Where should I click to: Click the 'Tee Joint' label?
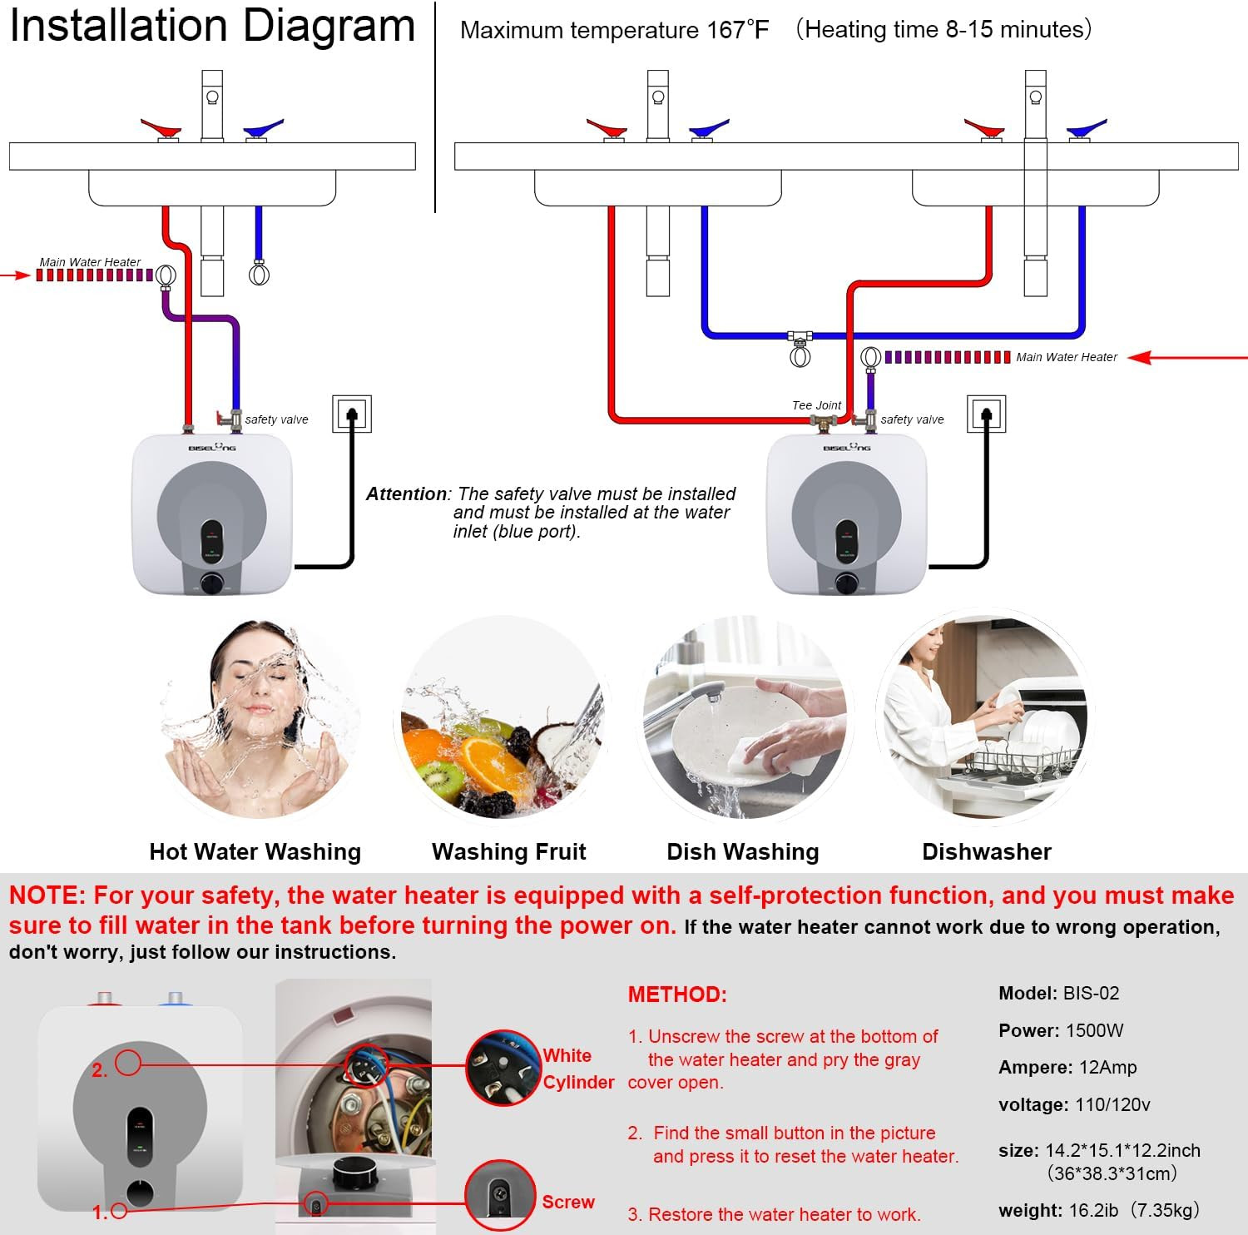pyautogui.click(x=815, y=405)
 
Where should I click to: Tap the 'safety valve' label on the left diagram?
pyautogui.click(x=276, y=419)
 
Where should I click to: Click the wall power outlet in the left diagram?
pyautogui.click(x=351, y=414)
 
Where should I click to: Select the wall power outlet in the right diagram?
pyautogui.click(x=986, y=414)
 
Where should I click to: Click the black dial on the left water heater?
pyautogui.click(x=211, y=583)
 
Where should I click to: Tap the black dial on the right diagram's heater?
pyautogui.click(x=847, y=583)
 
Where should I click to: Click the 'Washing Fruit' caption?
pyautogui.click(x=508, y=851)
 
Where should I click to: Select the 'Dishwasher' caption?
pyautogui.click(x=986, y=851)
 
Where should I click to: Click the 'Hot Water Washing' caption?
pyautogui.click(x=255, y=851)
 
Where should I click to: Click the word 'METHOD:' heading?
pyautogui.click(x=677, y=994)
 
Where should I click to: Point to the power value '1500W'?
pyautogui.click(x=1094, y=1030)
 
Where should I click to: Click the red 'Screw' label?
pyautogui.click(x=568, y=1202)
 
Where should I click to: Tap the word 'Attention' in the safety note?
pyautogui.click(x=406, y=494)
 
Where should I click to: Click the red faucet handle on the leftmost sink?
pyautogui.click(x=161, y=129)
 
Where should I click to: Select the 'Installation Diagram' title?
pyautogui.click(x=212, y=27)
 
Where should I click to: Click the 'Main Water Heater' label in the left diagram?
pyautogui.click(x=90, y=262)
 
